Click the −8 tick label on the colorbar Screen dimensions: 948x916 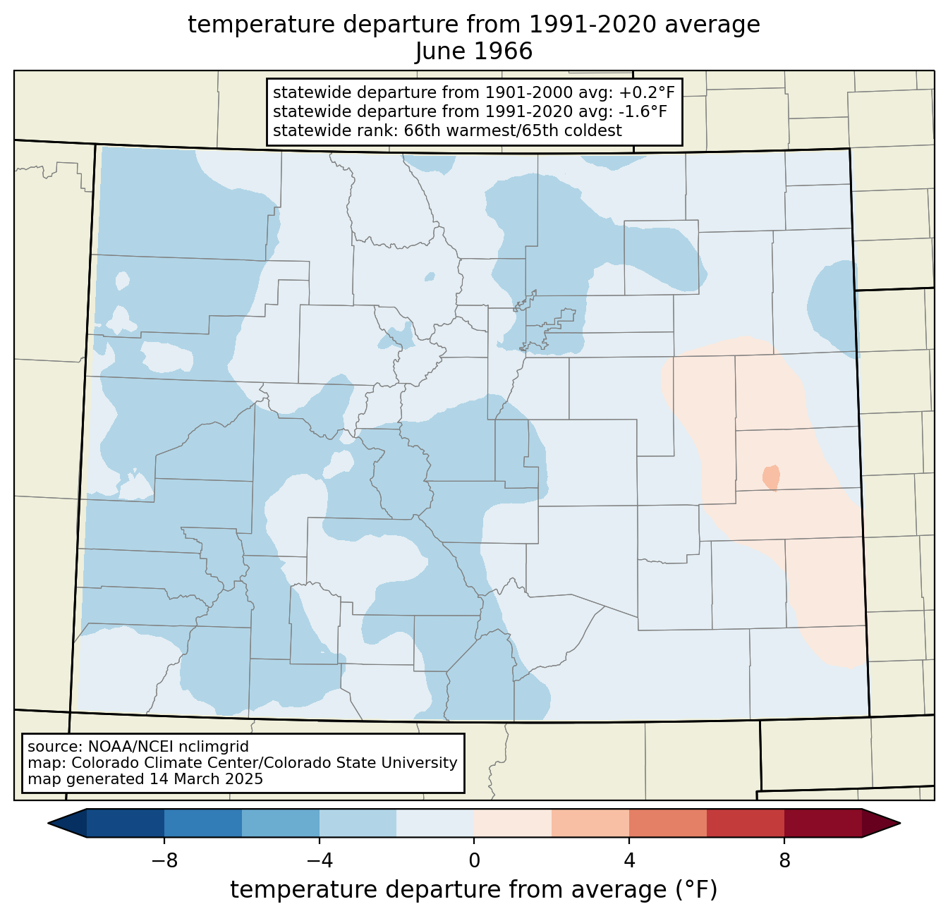(164, 862)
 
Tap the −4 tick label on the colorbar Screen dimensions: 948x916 (320, 862)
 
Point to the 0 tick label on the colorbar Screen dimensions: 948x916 (474, 862)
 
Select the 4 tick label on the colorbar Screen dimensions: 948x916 (629, 862)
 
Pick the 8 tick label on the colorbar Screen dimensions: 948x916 (784, 862)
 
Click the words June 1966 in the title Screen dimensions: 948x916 (474, 51)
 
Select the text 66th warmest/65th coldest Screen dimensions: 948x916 (513, 130)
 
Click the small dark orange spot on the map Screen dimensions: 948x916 (771, 477)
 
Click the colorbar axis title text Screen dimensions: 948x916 (474, 889)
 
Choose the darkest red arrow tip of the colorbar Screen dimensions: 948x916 (881, 824)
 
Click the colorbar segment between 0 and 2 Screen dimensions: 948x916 (513, 824)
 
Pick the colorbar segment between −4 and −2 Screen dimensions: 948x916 (358, 824)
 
